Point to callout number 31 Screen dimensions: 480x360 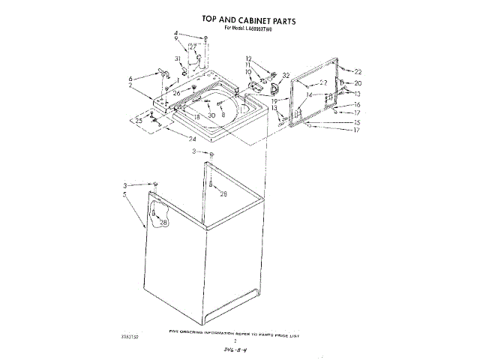pos(178,58)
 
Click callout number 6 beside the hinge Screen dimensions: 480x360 pos(130,78)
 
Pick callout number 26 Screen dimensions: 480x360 pos(177,93)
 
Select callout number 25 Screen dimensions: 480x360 pos(139,120)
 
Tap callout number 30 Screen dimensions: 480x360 pos(212,115)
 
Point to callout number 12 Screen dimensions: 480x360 pos(248,58)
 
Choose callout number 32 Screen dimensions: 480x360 pos(286,76)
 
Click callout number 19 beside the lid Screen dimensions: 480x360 pos(274,99)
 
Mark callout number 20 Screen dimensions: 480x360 pos(358,83)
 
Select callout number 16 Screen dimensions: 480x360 pos(358,105)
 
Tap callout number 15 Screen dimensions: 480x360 pos(358,121)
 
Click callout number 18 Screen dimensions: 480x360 pos(196,117)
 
